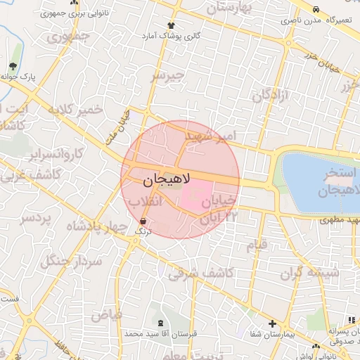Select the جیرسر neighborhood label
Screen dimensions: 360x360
[x=168, y=75]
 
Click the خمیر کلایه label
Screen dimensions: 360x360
[x=75, y=111]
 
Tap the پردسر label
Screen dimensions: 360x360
[x=36, y=219]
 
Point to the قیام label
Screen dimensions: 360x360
[x=256, y=245]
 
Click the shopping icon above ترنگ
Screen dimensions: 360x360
[x=143, y=220]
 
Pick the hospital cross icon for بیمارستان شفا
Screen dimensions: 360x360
[x=272, y=324]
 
